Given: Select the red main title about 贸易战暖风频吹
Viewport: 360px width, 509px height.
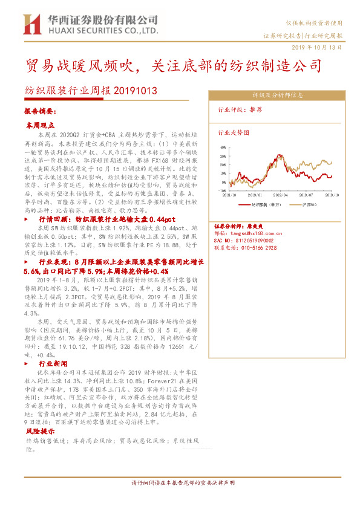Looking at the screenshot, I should coord(174,65).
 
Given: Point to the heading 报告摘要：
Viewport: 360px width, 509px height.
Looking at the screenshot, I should coord(40,112).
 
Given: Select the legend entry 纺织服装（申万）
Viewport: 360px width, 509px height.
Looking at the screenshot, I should coord(266,204).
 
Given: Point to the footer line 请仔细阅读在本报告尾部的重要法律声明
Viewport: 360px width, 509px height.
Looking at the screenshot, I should coord(182,483).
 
